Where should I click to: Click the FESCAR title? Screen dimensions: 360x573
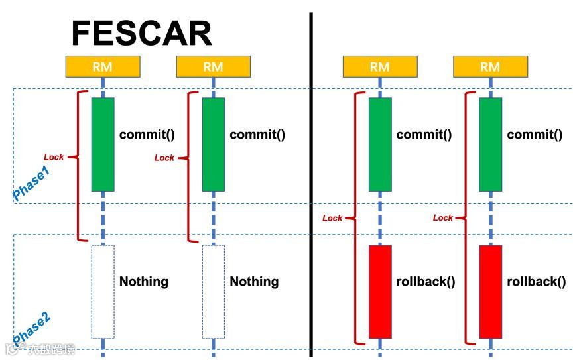click(x=141, y=33)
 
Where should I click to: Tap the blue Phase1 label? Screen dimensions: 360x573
click(x=31, y=183)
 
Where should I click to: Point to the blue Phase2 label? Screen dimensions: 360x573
click(x=31, y=329)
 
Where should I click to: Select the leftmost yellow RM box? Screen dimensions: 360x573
click(x=103, y=66)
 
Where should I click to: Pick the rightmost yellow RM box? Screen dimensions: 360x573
click(x=490, y=66)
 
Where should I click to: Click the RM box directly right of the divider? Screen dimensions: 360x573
click(x=380, y=66)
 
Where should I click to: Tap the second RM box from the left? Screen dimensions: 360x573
click(x=213, y=66)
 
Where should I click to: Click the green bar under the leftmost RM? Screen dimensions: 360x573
click(x=103, y=144)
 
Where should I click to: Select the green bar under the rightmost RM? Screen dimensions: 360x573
click(x=490, y=144)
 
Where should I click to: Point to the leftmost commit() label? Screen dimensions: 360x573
click(x=147, y=135)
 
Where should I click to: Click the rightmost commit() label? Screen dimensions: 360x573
click(x=535, y=135)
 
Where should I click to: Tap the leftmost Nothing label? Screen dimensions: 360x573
click(x=143, y=282)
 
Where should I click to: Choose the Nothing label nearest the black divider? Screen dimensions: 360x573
click(x=254, y=282)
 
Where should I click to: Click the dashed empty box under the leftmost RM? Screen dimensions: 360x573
click(x=103, y=292)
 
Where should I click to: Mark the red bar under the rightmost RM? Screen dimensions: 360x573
click(x=490, y=292)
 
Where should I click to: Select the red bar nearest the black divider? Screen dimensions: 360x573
click(x=380, y=292)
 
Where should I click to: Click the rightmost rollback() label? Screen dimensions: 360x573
click(x=537, y=281)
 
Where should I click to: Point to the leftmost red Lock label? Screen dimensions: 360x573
click(x=54, y=157)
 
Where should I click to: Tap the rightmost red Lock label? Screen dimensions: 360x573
click(x=442, y=217)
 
